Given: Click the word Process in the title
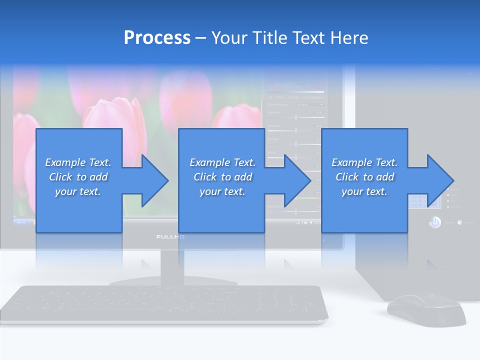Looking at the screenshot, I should (x=157, y=38).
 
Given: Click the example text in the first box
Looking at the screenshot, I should (x=78, y=177).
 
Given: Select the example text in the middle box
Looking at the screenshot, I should (x=222, y=177).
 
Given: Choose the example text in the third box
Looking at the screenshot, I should (x=364, y=177).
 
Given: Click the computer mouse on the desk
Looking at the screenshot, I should (x=425, y=309).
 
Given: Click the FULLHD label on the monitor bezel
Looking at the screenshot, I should (x=170, y=237).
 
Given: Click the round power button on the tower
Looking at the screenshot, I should (x=434, y=222).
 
